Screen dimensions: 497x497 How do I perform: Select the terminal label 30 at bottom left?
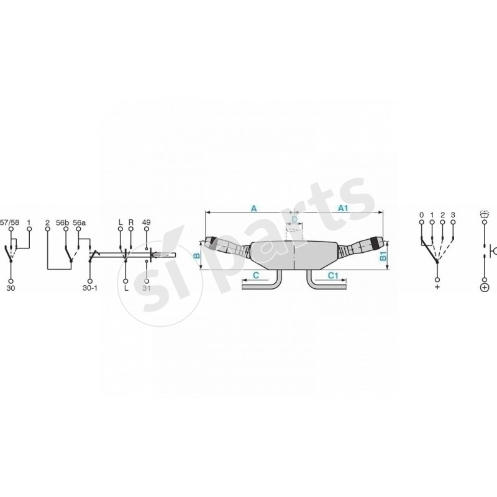click(10, 288)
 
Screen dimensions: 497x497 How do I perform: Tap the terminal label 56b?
click(63, 222)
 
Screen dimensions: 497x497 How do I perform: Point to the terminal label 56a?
click(80, 222)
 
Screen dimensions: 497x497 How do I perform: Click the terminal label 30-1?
click(90, 288)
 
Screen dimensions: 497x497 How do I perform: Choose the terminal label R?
click(131, 222)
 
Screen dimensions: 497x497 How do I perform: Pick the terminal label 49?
click(147, 222)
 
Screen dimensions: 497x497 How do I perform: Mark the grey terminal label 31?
click(147, 288)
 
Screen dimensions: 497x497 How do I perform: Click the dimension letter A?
click(253, 209)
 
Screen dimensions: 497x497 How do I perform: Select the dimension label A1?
click(343, 209)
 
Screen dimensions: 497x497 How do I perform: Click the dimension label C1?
click(332, 274)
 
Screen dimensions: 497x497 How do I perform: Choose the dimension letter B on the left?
click(198, 255)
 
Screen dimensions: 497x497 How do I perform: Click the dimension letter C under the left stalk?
click(255, 274)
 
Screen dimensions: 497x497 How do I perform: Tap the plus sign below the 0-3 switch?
click(437, 288)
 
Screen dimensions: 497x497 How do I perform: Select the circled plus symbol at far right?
click(484, 287)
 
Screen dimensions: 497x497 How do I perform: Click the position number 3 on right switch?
click(454, 215)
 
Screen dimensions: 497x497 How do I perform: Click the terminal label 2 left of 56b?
click(47, 222)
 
